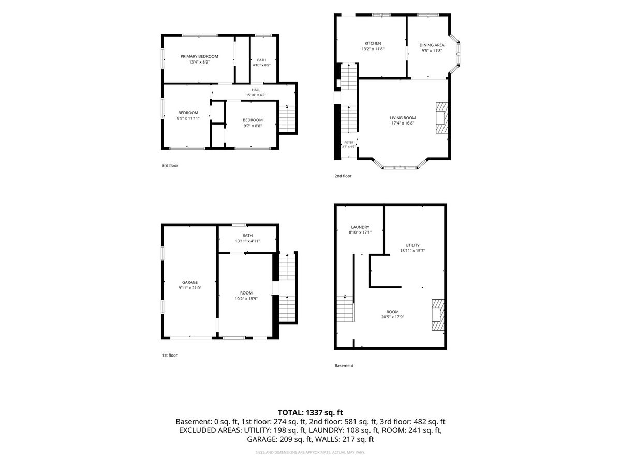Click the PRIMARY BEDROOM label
pos(199,56)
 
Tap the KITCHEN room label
pos(373,43)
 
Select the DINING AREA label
pos(432,45)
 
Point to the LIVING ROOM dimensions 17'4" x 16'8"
pos(403,123)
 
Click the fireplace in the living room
pos(442,117)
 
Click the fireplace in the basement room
pos(438,315)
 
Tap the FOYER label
pos(349,143)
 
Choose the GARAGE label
pos(190,282)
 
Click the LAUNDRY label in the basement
pos(360,227)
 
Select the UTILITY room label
pos(412,245)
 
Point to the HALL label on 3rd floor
pos(256,90)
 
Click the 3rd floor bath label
pos(261,60)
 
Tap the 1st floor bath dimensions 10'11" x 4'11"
pos(247,241)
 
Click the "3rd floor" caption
pos(170,166)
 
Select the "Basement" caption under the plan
pos(344,366)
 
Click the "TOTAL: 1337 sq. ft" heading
pos(310,413)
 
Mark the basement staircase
pos(346,308)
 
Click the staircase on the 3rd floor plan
pos(287,119)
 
